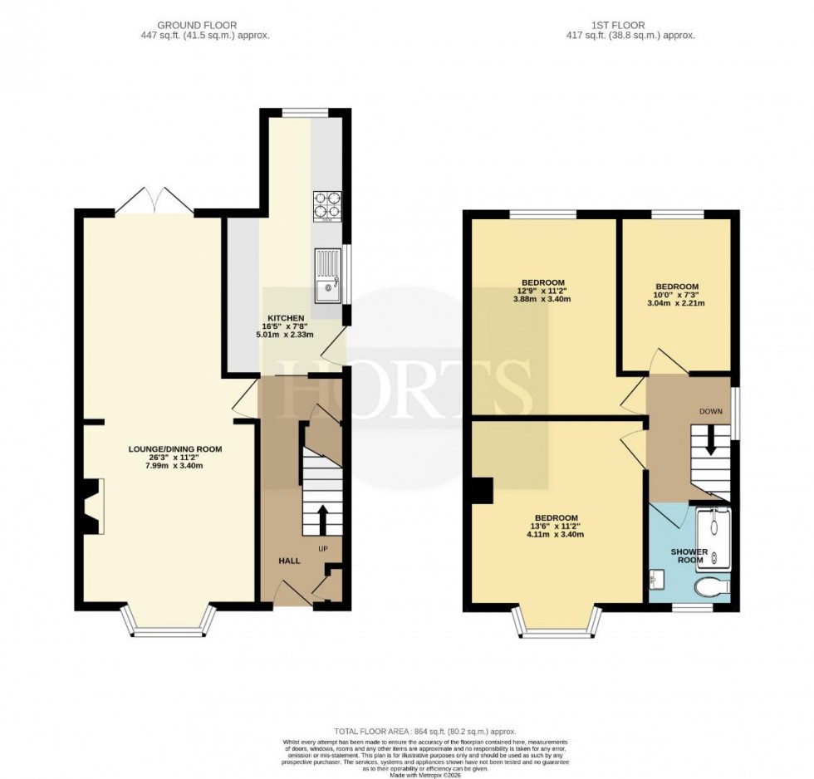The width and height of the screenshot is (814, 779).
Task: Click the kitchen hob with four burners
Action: tap(327, 203)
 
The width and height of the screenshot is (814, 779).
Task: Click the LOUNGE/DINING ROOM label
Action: tap(175, 448)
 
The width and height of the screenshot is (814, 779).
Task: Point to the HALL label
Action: tap(289, 561)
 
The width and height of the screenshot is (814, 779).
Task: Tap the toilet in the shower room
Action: tap(712, 585)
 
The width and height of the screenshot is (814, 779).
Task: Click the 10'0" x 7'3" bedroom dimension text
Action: tap(676, 295)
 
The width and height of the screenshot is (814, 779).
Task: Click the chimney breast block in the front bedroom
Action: tap(482, 491)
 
